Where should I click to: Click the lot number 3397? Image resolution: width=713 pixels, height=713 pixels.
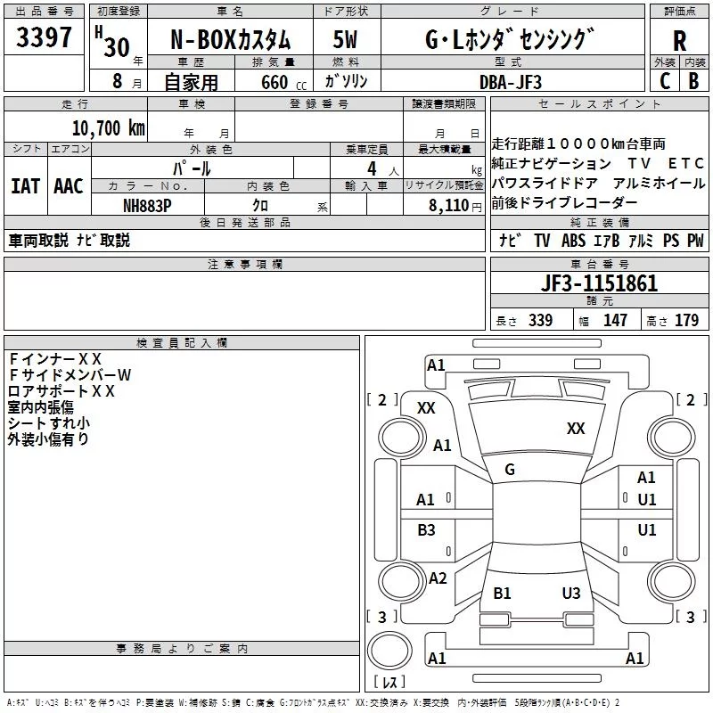(44, 37)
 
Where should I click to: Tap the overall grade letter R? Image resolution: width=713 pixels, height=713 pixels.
(679, 41)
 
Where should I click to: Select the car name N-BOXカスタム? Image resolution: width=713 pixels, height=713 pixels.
(230, 40)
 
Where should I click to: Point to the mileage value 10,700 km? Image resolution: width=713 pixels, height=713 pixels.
(109, 128)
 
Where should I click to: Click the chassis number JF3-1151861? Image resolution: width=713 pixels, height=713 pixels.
(599, 283)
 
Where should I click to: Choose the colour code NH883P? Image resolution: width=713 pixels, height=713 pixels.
(147, 206)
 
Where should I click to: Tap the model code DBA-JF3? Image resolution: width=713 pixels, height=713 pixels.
(511, 82)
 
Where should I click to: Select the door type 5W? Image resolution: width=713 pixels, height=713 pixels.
(345, 40)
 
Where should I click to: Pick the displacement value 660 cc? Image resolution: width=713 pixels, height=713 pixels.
(283, 83)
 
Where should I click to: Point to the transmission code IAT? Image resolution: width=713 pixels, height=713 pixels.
(26, 186)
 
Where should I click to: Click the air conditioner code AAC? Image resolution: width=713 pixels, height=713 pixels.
(69, 186)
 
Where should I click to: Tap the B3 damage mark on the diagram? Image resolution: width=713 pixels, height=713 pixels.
(426, 529)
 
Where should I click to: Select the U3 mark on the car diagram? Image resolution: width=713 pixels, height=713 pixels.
(571, 593)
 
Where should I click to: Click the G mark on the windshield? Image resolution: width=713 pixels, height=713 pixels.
(510, 470)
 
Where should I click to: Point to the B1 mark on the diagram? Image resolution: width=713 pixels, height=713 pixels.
(502, 593)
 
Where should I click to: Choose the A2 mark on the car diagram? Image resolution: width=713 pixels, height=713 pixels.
(438, 578)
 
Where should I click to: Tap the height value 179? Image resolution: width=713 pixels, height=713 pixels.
(686, 320)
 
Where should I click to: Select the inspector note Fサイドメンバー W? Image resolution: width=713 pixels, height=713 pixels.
(70, 374)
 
